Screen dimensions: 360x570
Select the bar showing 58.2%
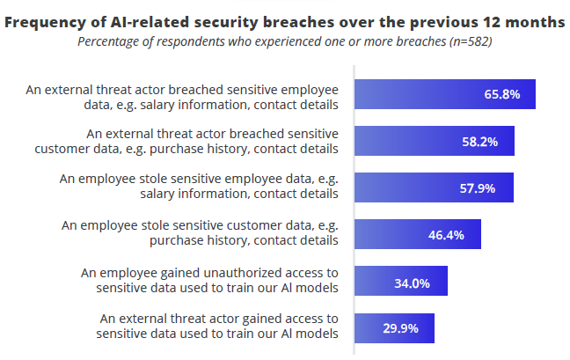click(434, 141)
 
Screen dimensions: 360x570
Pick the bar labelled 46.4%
click(417, 234)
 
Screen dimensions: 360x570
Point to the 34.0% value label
click(412, 283)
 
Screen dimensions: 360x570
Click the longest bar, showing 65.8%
click(444, 95)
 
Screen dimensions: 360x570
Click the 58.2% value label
click(480, 141)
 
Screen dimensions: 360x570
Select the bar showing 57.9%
click(433, 187)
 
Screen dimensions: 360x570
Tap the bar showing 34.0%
click(400, 283)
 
